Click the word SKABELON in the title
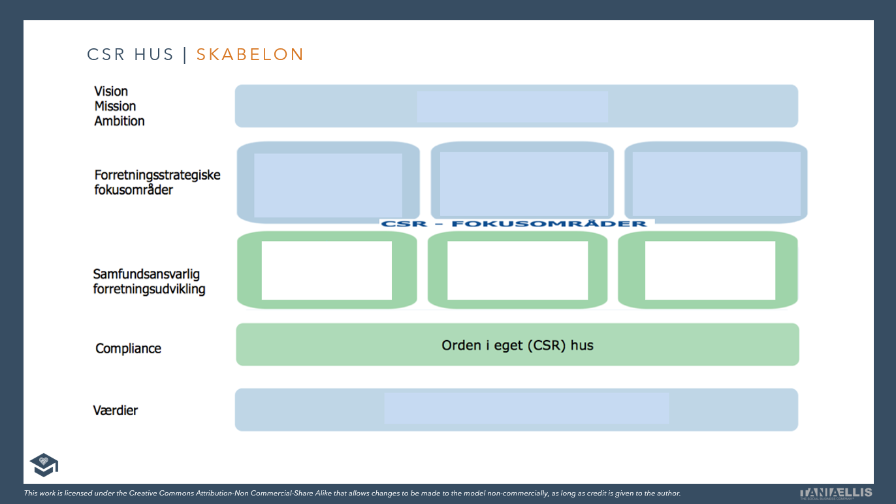click(250, 55)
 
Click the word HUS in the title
click(154, 55)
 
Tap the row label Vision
click(111, 91)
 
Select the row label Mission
click(115, 106)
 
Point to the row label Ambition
click(120, 121)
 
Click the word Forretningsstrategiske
click(157, 175)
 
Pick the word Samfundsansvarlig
click(146, 274)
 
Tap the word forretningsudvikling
click(149, 289)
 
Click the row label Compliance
click(128, 349)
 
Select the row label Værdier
click(116, 411)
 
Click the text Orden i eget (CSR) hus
click(517, 345)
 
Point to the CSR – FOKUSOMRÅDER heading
click(516, 223)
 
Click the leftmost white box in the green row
click(327, 270)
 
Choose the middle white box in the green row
click(517, 270)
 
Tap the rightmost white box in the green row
click(710, 270)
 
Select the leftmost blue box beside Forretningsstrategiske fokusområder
click(328, 185)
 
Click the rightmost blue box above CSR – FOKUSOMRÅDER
click(716, 184)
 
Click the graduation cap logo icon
click(44, 464)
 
